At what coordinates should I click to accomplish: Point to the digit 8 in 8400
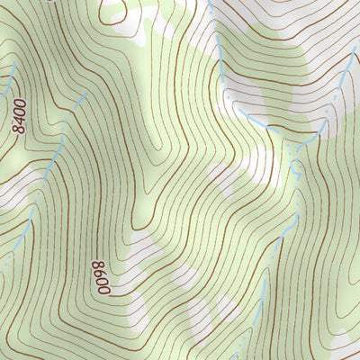20,131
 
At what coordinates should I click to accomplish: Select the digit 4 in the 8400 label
19,121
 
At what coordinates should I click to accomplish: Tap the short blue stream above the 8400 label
11,81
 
